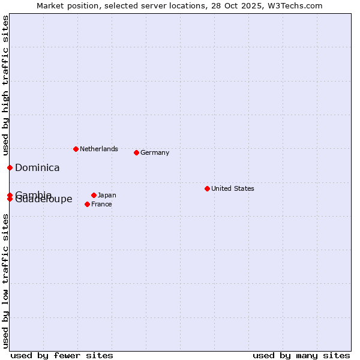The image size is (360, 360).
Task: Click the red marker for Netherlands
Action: click(76, 149)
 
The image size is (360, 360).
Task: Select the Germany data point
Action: click(136, 152)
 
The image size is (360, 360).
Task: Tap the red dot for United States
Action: click(207, 188)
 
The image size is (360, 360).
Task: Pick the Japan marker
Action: click(94, 195)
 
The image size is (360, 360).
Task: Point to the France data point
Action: click(87, 204)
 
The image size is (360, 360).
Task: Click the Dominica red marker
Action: click(10, 167)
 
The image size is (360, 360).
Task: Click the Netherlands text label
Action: click(99, 149)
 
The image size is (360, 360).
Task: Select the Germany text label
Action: click(155, 152)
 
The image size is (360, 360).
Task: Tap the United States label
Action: click(232, 188)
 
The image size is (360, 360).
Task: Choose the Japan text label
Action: click(107, 195)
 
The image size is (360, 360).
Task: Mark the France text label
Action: click(101, 204)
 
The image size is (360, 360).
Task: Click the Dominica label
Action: click(37, 168)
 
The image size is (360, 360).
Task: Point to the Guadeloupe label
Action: click(44, 200)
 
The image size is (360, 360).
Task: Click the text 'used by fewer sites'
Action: click(62, 355)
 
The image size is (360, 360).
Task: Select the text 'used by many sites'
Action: click(301, 355)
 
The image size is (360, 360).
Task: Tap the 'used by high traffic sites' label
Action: click(5, 85)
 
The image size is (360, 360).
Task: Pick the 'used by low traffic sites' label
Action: click(5, 282)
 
